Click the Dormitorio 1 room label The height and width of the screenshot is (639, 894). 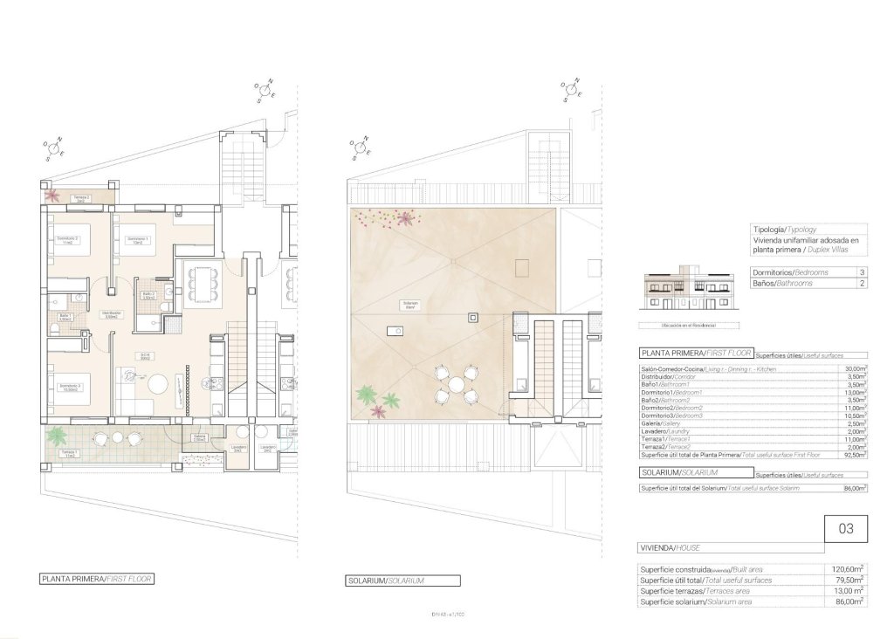coord(135,240)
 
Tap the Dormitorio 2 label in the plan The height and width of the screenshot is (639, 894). coord(68,240)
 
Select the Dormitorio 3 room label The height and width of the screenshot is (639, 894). coord(69,387)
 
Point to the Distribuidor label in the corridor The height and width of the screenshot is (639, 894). coord(111,314)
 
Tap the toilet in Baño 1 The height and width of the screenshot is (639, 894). coord(79,298)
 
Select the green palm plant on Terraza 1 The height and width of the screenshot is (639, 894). coord(58,434)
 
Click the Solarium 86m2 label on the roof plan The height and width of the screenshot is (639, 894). coord(410,306)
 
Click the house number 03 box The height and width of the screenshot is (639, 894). coord(845,528)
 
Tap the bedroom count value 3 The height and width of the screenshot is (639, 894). coord(863,272)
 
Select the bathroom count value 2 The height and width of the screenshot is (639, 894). coord(863,284)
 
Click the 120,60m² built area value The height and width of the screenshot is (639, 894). coord(849,569)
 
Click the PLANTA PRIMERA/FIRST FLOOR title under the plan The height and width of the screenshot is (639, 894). coord(97,579)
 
